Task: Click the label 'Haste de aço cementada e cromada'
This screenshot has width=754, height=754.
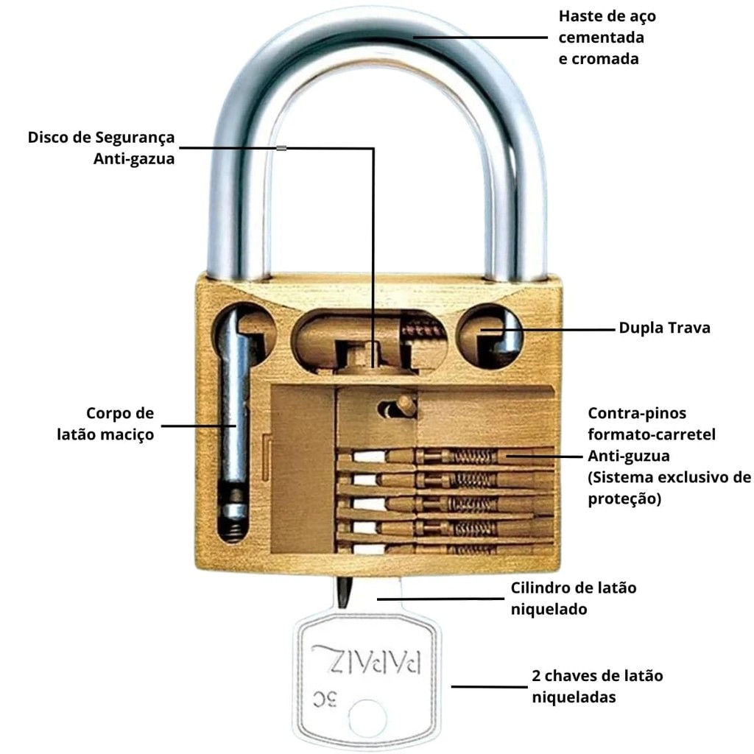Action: (x=607, y=37)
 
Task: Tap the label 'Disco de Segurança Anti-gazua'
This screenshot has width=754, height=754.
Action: (x=102, y=147)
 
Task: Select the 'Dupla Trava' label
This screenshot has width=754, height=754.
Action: (x=664, y=328)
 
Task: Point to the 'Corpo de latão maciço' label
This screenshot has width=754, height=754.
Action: (x=106, y=423)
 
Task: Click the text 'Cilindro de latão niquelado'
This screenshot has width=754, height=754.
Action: (x=574, y=599)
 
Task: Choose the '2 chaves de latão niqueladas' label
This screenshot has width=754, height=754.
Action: (x=597, y=686)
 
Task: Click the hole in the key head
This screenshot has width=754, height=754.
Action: (x=367, y=718)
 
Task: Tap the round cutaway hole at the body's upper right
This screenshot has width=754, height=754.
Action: (x=490, y=335)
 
